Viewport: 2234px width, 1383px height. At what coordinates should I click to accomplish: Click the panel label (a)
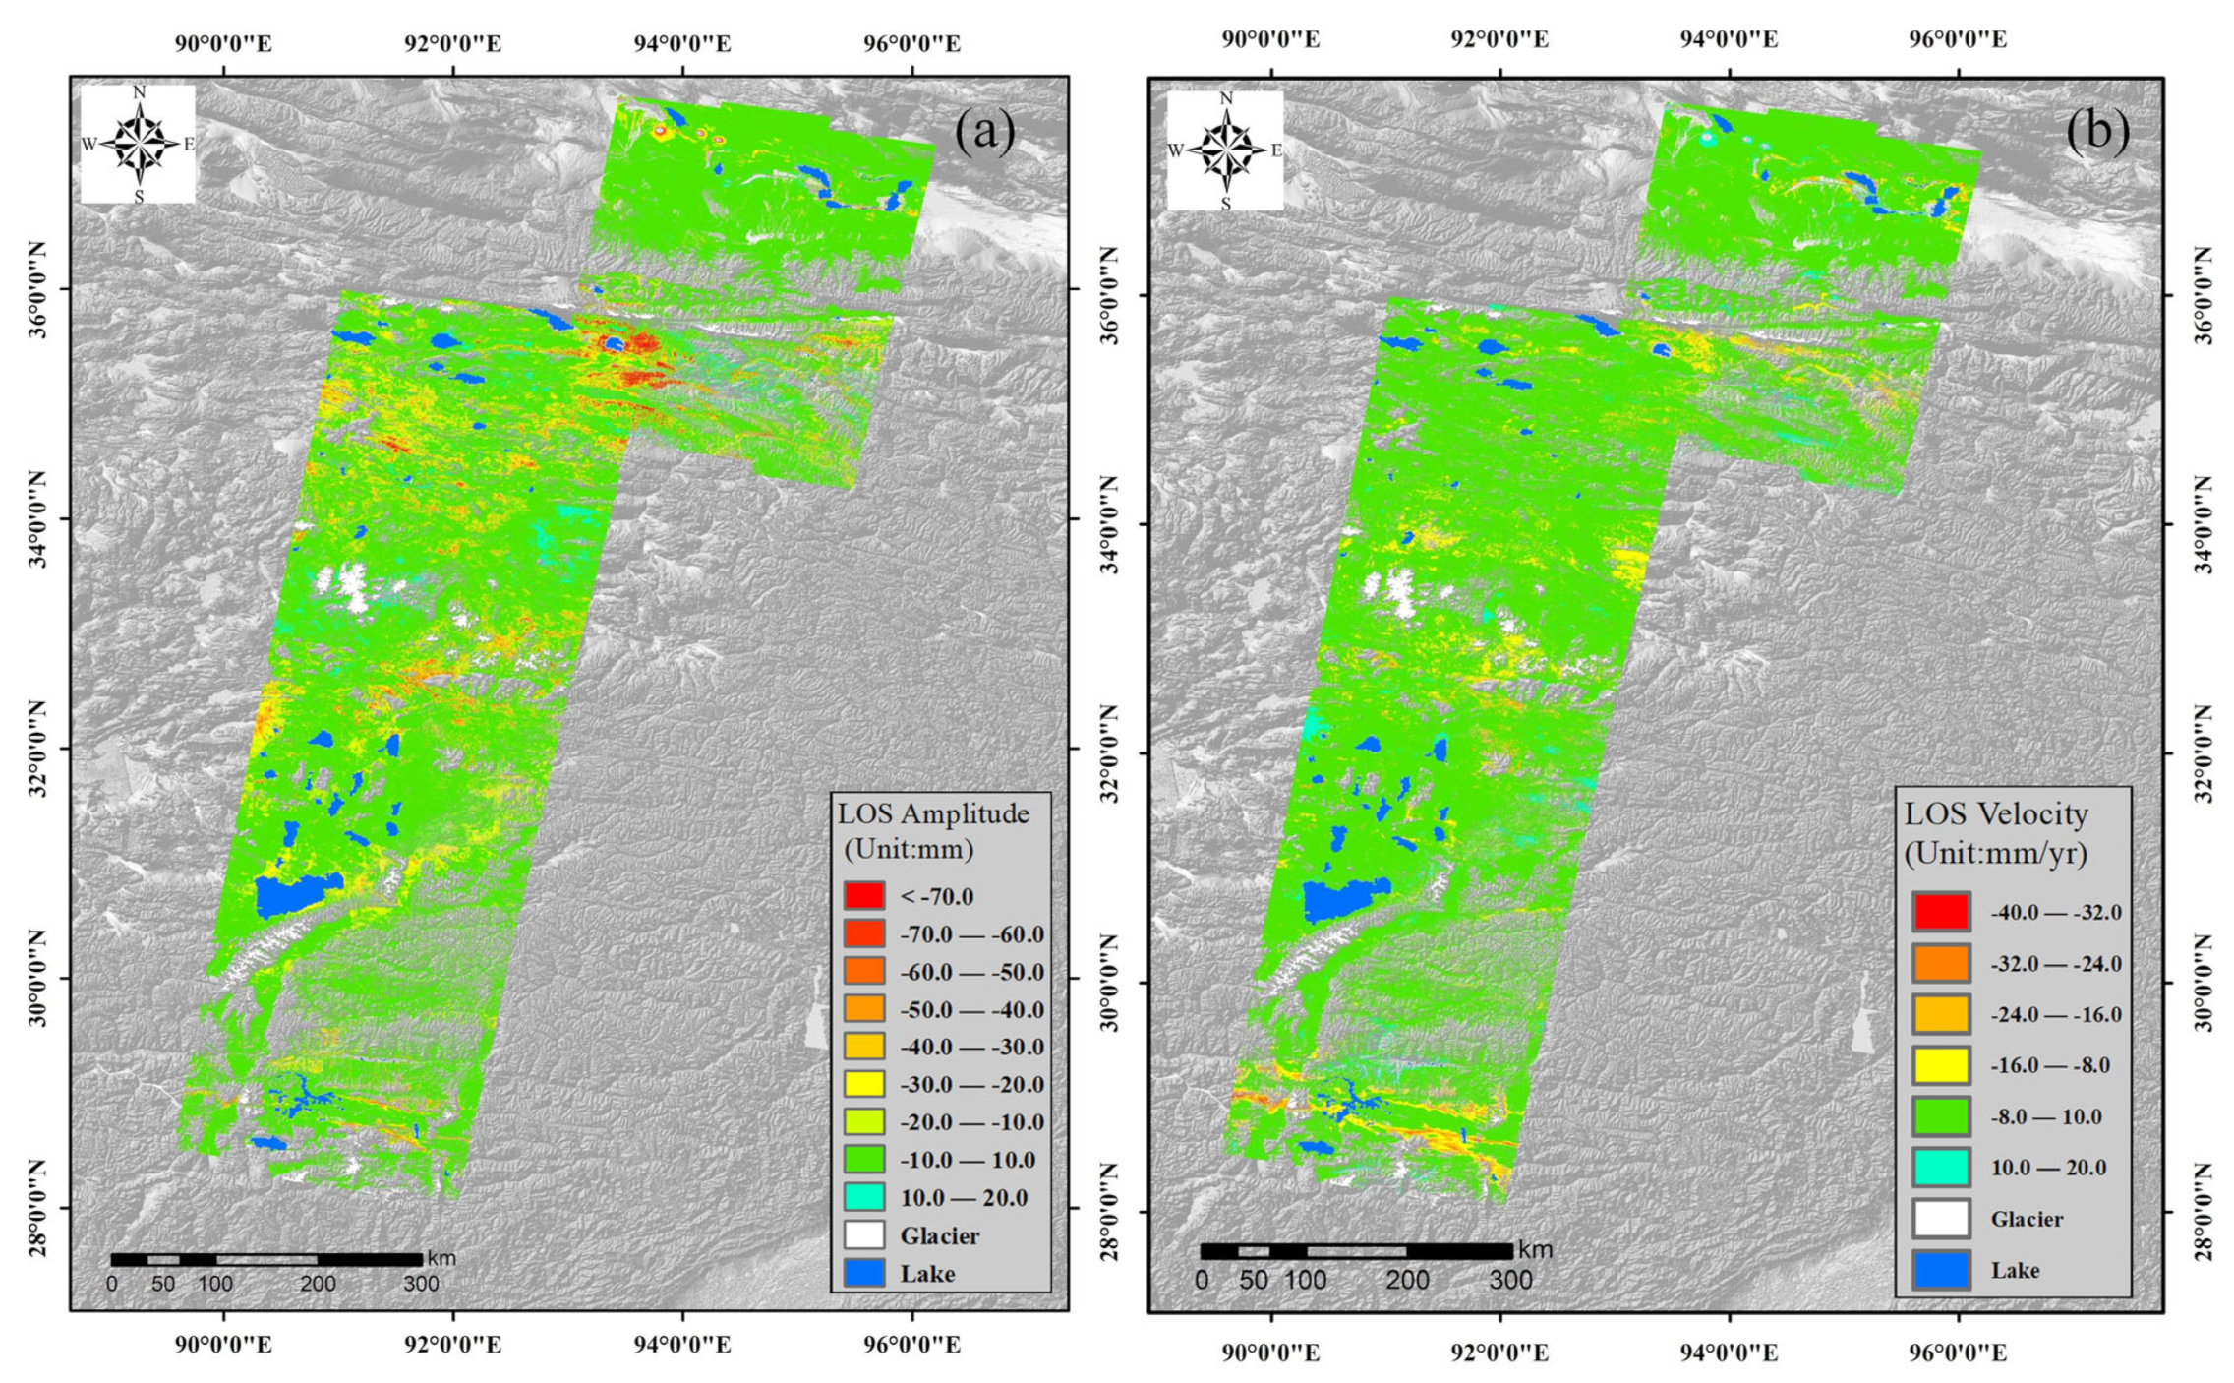point(984,132)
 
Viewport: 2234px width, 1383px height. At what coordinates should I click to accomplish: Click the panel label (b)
point(2097,131)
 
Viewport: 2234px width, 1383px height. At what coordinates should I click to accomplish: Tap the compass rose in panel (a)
point(140,144)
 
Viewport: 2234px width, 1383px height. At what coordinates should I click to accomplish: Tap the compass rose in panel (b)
point(1225,150)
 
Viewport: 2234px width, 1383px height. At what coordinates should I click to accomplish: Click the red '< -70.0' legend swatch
point(863,896)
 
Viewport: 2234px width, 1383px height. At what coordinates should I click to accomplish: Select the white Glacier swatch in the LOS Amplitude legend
point(863,1235)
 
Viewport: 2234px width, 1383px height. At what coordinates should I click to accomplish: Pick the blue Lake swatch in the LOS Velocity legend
point(1941,1270)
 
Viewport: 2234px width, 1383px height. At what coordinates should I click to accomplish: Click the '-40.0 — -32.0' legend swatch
point(1941,912)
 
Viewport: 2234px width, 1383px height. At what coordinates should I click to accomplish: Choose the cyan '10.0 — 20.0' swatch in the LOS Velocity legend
point(1941,1168)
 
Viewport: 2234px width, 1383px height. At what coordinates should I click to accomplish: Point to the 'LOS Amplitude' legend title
point(933,814)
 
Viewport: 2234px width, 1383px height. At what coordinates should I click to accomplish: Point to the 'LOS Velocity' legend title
point(1995,814)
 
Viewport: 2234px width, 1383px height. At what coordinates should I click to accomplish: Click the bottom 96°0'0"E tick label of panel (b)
point(1958,1353)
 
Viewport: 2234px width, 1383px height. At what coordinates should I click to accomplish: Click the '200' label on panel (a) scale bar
point(318,1284)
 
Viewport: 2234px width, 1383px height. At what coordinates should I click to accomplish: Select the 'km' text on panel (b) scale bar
point(1535,1250)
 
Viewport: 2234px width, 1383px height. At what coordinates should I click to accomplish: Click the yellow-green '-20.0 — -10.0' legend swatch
point(863,1122)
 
